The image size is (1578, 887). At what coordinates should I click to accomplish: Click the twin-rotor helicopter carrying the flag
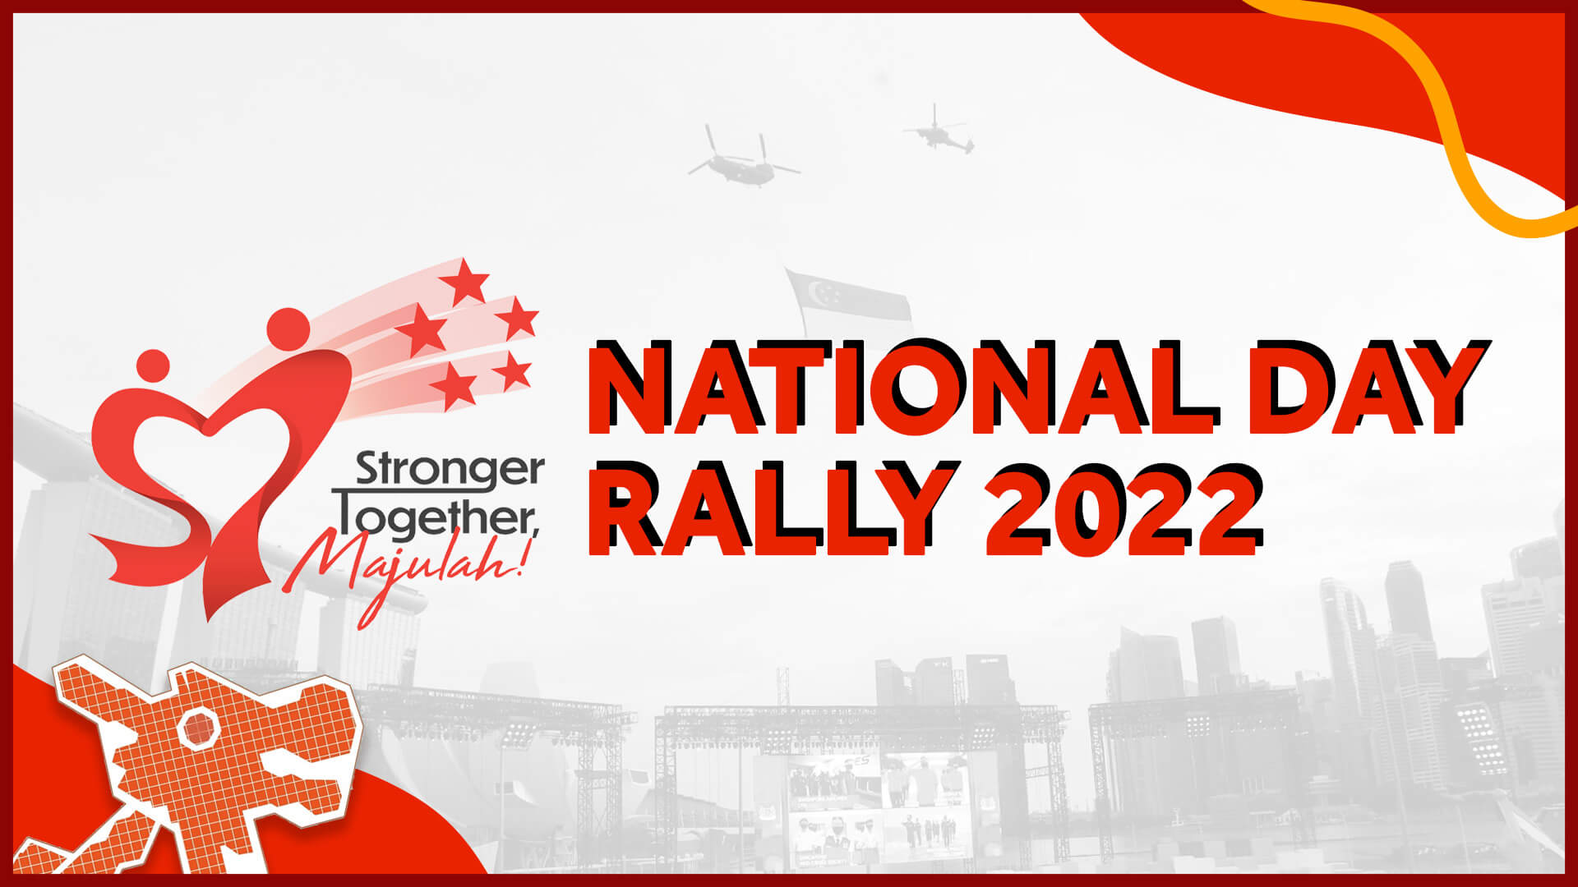click(x=742, y=158)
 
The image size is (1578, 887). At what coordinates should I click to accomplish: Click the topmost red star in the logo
click(x=464, y=281)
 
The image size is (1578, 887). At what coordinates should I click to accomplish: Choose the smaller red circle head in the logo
click(x=153, y=365)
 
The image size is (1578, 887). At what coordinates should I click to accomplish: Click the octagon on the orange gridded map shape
click(x=197, y=728)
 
